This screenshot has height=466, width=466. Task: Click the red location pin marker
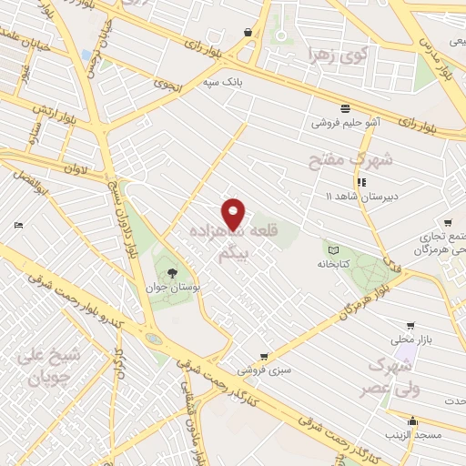[234, 214]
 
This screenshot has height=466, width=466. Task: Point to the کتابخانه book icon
[332, 249]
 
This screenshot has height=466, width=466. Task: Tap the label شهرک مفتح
[350, 161]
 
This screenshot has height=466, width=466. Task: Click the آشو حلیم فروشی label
[346, 120]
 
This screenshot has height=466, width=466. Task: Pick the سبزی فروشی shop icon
[264, 356]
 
